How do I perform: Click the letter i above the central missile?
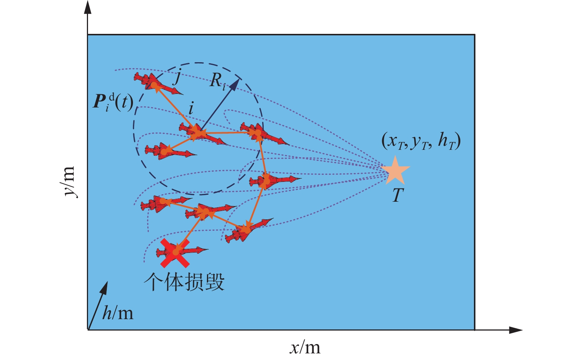coord(191,109)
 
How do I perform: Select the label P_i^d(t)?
coord(113,102)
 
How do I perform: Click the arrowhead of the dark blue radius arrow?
coord(235,84)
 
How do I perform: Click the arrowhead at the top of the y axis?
coord(88,7)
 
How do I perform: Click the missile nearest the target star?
coord(274,180)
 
